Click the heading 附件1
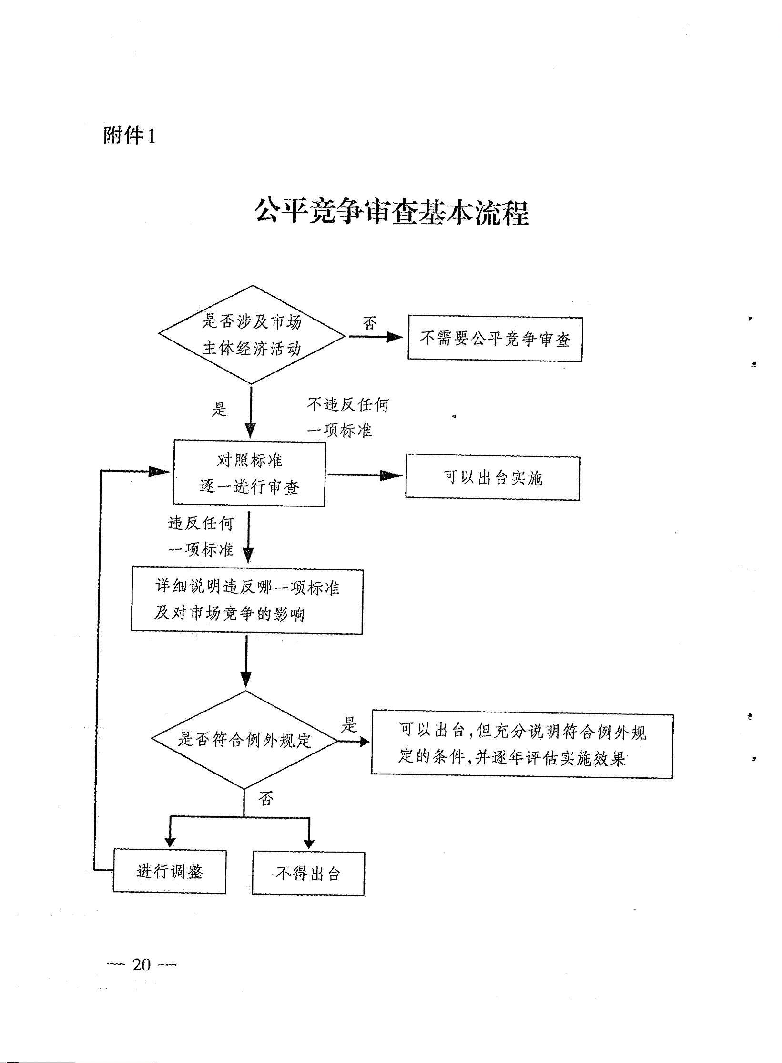(x=129, y=136)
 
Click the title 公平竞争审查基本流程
(x=392, y=213)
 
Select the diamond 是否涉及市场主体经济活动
(x=252, y=335)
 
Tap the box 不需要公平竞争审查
(x=495, y=339)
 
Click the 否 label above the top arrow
(x=370, y=323)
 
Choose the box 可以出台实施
(x=493, y=477)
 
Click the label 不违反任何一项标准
(x=348, y=417)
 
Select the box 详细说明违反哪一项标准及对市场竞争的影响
(x=247, y=601)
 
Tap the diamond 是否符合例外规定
(x=244, y=740)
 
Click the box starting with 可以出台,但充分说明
(x=522, y=745)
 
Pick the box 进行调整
(x=169, y=872)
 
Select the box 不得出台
(x=308, y=874)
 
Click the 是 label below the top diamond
(x=219, y=409)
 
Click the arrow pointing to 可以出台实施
(x=365, y=475)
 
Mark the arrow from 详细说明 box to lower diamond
(x=246, y=662)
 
